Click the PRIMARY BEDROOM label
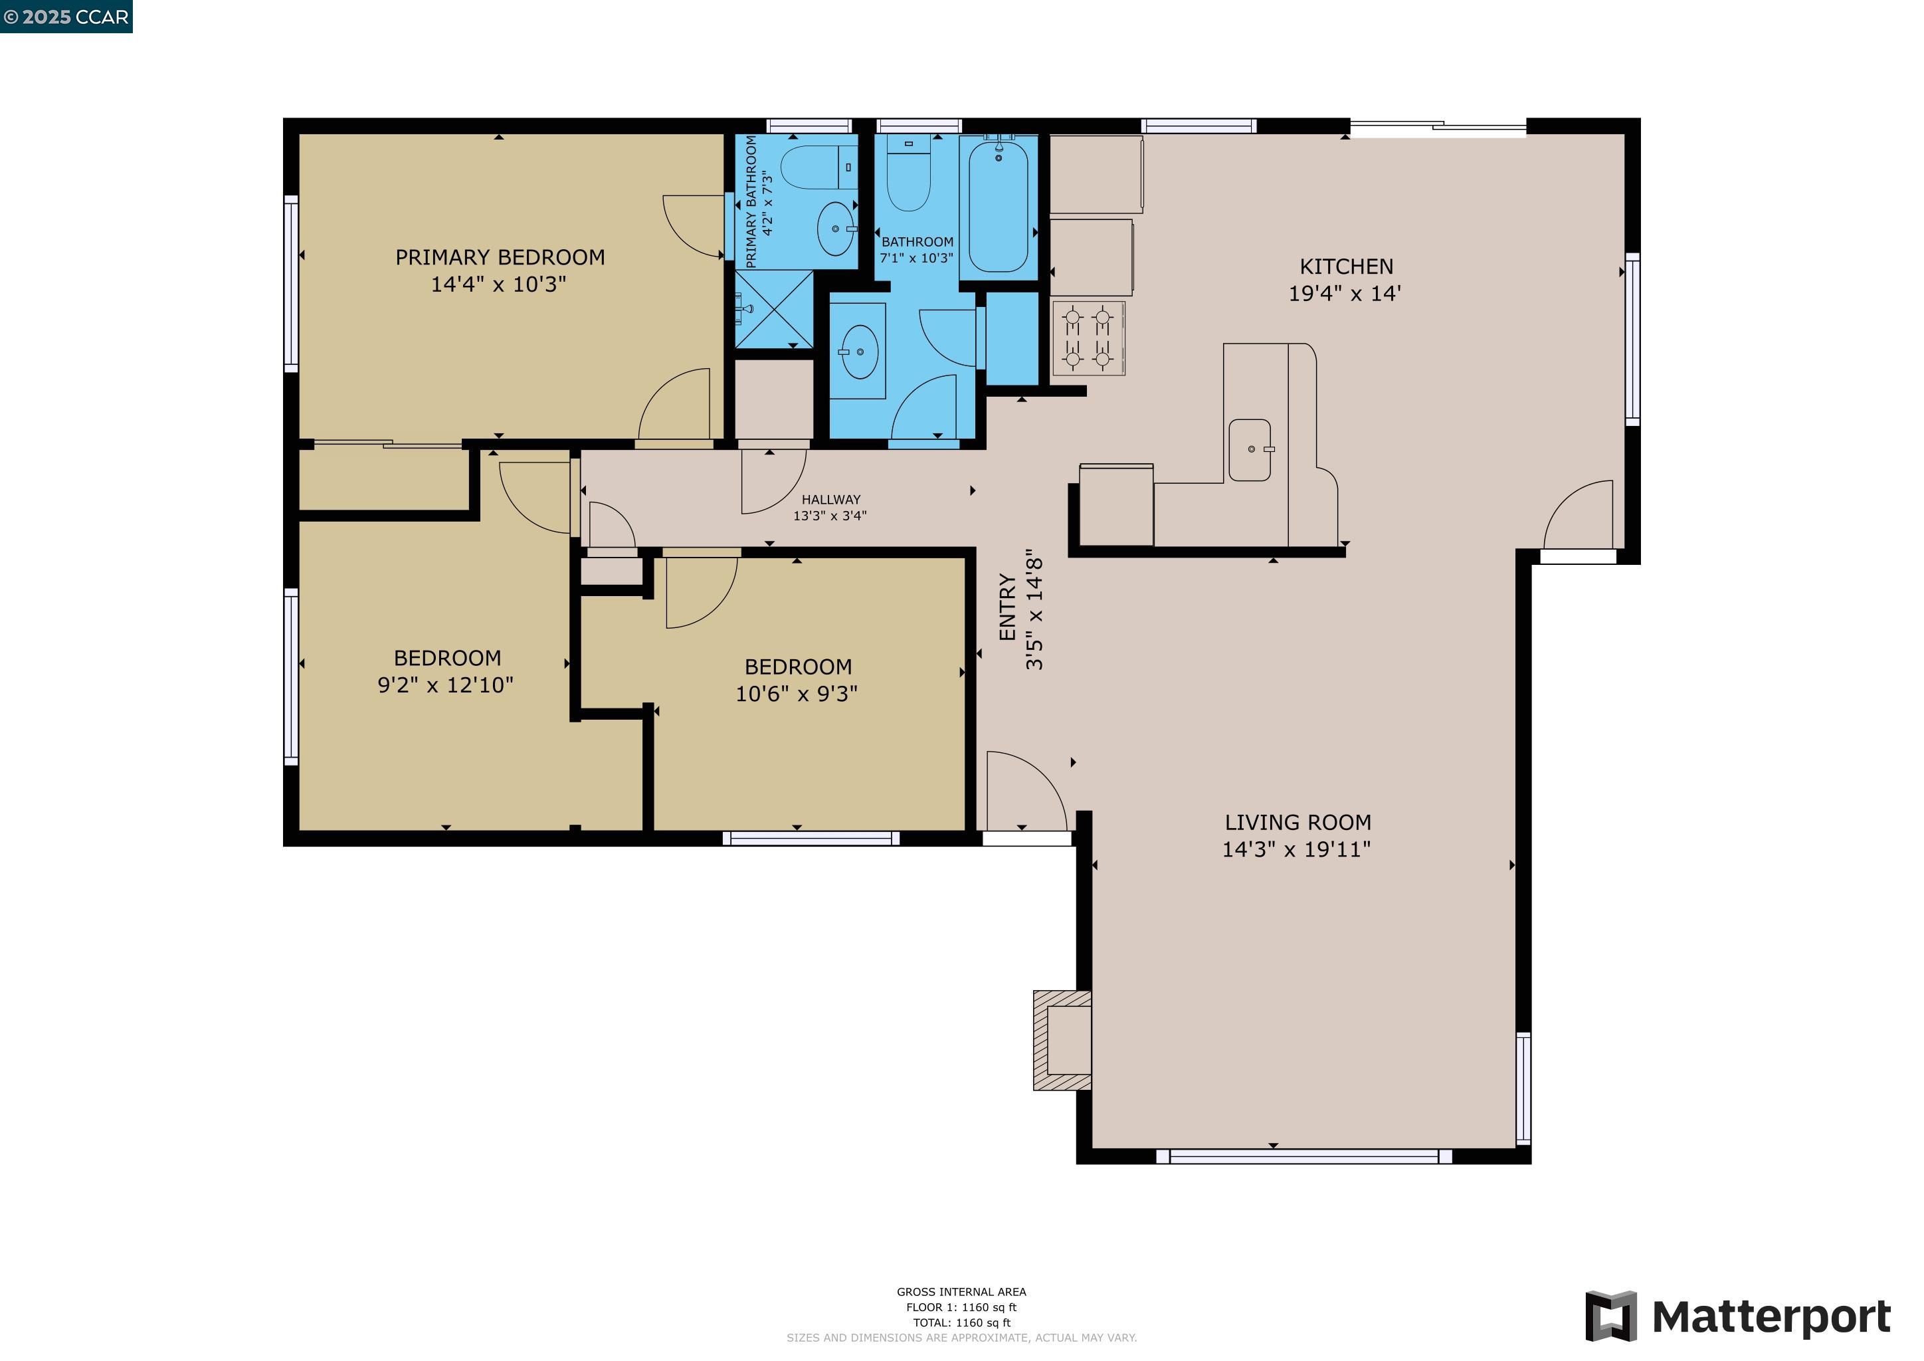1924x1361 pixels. pos(500,257)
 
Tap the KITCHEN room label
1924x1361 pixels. pos(1346,266)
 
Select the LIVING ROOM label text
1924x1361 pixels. pos(1298,822)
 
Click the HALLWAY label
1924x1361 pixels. pos(830,500)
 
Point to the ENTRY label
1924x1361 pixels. pos(1007,607)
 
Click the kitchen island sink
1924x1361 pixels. pos(1250,450)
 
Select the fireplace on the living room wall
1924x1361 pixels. pos(1062,1040)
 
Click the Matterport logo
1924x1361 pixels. pos(1738,1316)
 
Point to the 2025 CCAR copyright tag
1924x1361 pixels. pos(66,17)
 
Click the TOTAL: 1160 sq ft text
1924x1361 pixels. pos(961,1322)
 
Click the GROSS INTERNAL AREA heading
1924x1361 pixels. pos(961,1291)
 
